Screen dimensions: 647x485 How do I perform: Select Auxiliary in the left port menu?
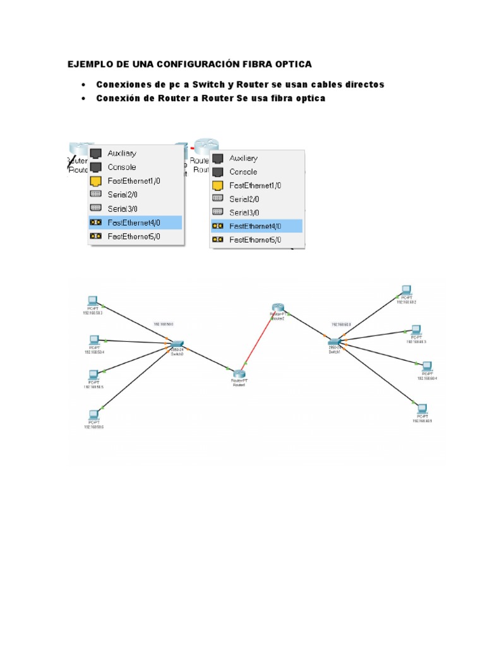tap(121, 153)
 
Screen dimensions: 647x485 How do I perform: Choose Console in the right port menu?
tap(243, 172)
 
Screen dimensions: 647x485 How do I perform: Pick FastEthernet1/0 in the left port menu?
tap(133, 181)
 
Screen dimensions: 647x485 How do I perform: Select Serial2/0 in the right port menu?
tap(245, 198)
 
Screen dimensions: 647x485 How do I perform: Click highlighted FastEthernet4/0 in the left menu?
tap(133, 222)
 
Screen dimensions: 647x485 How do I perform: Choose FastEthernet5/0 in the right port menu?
tap(255, 239)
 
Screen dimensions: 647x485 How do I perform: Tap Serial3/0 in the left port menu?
tap(123, 209)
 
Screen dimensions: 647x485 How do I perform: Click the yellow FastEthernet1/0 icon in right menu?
tap(217, 186)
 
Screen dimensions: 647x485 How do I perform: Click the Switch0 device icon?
tap(176, 344)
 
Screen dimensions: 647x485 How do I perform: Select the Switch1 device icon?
tap(334, 342)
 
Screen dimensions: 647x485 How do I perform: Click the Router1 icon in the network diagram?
tap(238, 375)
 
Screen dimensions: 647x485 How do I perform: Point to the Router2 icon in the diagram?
tap(278, 309)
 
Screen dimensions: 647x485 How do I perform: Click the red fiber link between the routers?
tap(258, 342)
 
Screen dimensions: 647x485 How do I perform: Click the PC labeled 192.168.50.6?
tap(94, 415)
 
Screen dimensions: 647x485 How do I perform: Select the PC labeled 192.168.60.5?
tap(421, 408)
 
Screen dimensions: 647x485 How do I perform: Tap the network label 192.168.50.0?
tap(164, 323)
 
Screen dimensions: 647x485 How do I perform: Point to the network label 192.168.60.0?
tap(340, 324)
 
